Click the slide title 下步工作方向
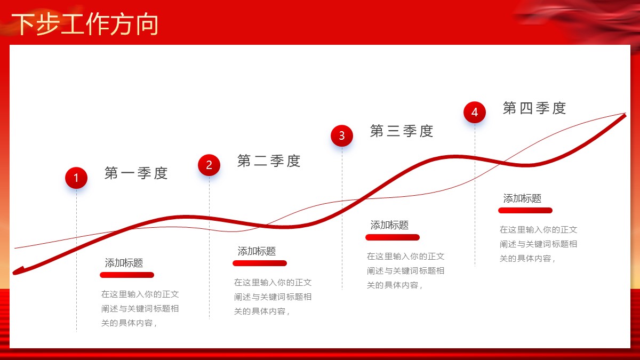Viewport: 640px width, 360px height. point(85,24)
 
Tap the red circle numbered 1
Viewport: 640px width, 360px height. point(76,178)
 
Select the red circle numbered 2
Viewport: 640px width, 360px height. point(209,165)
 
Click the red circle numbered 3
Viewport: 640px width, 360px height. point(342,135)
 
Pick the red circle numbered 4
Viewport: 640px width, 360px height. point(475,113)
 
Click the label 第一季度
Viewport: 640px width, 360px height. point(136,173)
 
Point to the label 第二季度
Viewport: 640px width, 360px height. point(269,161)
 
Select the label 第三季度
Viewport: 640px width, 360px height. point(402,131)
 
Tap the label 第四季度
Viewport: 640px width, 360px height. point(534,108)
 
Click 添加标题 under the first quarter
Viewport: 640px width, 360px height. point(124,263)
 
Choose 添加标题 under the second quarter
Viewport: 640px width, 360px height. point(257,251)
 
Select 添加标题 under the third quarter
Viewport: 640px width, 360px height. point(389,225)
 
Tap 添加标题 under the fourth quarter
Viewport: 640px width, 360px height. point(522,198)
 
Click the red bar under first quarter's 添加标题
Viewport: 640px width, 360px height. point(127,275)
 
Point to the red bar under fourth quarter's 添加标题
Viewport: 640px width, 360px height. point(525,211)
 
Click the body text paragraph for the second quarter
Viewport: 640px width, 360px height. point(273,297)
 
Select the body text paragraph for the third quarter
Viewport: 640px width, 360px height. point(405,270)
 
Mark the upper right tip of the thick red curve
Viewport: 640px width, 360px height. point(626,114)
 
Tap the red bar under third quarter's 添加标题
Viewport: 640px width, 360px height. point(393,237)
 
